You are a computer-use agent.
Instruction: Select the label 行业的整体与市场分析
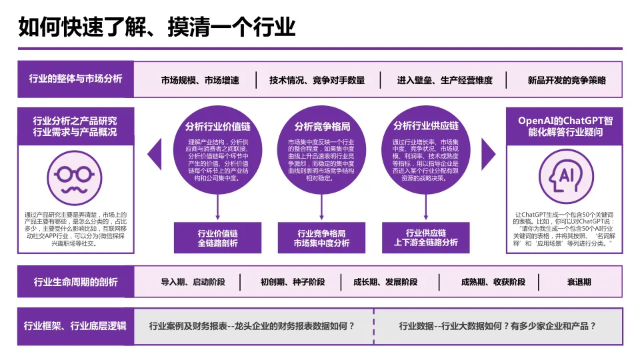pyautogui.click(x=75, y=79)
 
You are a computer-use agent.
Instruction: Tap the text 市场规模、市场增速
pyautogui.click(x=200, y=81)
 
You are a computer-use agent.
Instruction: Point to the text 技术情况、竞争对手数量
pyautogui.click(x=317, y=81)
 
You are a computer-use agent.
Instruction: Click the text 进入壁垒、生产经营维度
pyautogui.click(x=445, y=81)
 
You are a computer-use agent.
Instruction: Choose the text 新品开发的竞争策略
pyautogui.click(x=567, y=81)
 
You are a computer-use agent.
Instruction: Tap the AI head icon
pyautogui.click(x=565, y=175)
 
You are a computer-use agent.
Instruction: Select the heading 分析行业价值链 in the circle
pyautogui.click(x=218, y=126)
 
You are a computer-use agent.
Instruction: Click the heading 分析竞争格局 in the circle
pyautogui.click(x=322, y=126)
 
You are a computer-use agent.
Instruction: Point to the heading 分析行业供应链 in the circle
pyautogui.click(x=425, y=126)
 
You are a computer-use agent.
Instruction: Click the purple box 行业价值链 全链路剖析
pyautogui.click(x=218, y=238)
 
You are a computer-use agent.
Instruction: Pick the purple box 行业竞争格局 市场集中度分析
pyautogui.click(x=322, y=238)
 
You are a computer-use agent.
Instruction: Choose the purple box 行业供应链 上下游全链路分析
pyautogui.click(x=425, y=238)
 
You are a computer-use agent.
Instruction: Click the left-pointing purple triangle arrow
pyautogui.click(x=155, y=154)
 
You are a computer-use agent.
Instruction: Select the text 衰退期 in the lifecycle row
pyautogui.click(x=579, y=282)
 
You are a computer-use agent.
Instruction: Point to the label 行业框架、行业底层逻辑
pyautogui.click(x=75, y=326)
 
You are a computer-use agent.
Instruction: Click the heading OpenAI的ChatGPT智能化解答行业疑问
pyautogui.click(x=565, y=126)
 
